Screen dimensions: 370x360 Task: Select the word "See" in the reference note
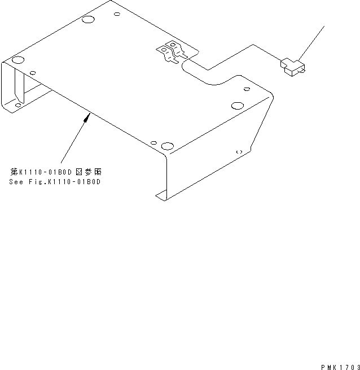pyautogui.click(x=16, y=182)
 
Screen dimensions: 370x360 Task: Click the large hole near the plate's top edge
pyautogui.click(x=88, y=20)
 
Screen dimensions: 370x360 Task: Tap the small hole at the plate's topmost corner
pyautogui.click(x=117, y=15)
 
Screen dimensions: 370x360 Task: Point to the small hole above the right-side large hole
pyautogui.click(x=246, y=89)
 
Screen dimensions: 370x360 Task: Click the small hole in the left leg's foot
pyautogui.click(x=18, y=105)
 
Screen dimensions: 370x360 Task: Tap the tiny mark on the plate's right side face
pyautogui.click(x=239, y=152)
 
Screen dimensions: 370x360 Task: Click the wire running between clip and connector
pyautogui.click(x=237, y=56)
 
